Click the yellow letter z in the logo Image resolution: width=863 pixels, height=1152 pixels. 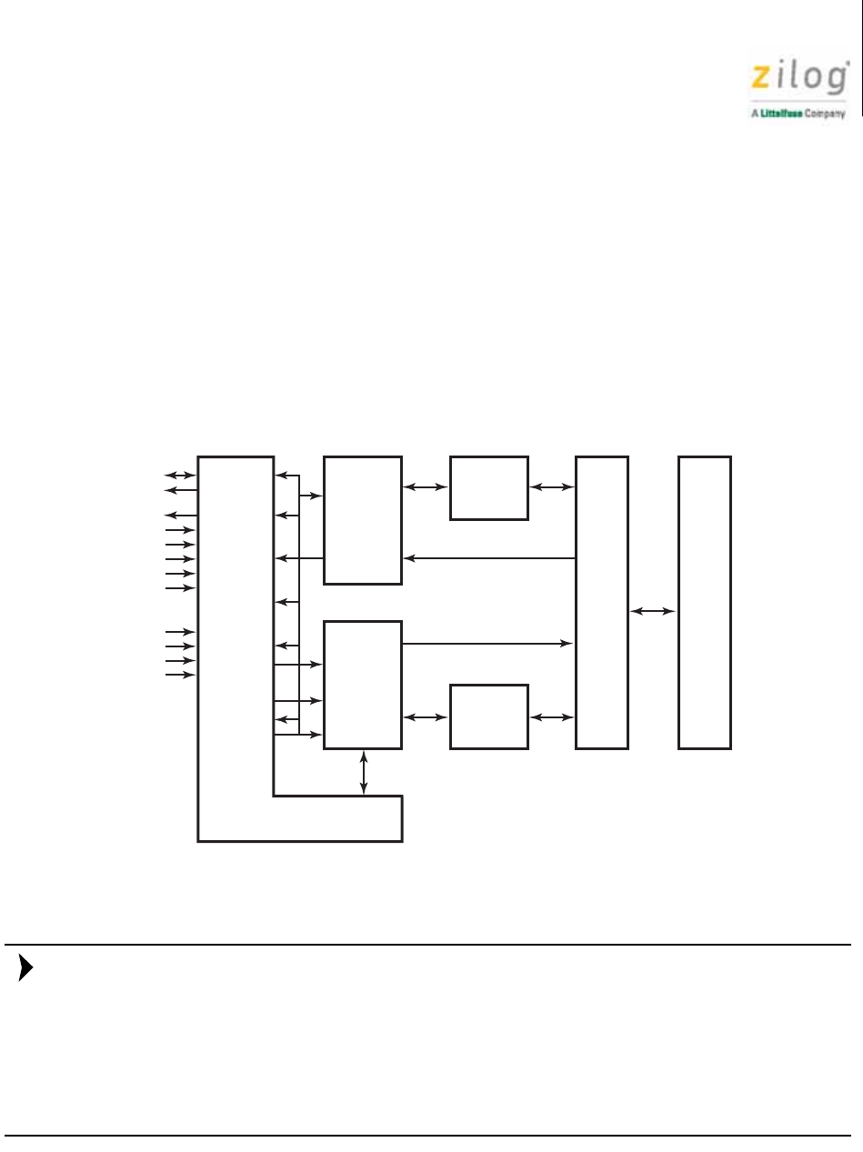click(x=760, y=77)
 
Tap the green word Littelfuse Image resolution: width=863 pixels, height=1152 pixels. click(x=782, y=114)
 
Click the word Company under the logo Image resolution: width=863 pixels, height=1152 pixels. click(x=825, y=114)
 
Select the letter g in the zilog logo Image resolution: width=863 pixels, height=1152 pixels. click(x=837, y=79)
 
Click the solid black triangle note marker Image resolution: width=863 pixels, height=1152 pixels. click(x=25, y=968)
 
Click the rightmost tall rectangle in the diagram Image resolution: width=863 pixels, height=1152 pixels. click(x=705, y=603)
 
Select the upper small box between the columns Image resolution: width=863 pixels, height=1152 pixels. click(x=488, y=488)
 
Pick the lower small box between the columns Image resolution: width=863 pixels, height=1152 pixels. click(x=488, y=716)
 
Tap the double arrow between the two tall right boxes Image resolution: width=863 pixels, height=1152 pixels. click(x=653, y=611)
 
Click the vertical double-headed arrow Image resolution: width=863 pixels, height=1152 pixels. click(x=363, y=773)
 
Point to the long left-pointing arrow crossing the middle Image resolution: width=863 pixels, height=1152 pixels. click(x=489, y=558)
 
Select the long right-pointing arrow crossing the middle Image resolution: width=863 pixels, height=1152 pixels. click(x=487, y=644)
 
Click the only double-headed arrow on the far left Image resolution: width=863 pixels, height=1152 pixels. click(x=180, y=476)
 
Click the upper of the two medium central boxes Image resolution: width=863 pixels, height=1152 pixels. click(x=363, y=520)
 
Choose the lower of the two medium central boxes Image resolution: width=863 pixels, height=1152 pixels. click(x=363, y=685)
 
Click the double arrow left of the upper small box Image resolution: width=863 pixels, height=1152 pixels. click(x=426, y=487)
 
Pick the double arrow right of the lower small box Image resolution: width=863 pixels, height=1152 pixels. click(x=552, y=716)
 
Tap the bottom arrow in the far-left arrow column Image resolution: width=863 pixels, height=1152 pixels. click(x=180, y=675)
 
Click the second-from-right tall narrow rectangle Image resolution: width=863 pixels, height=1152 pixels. click(x=602, y=603)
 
